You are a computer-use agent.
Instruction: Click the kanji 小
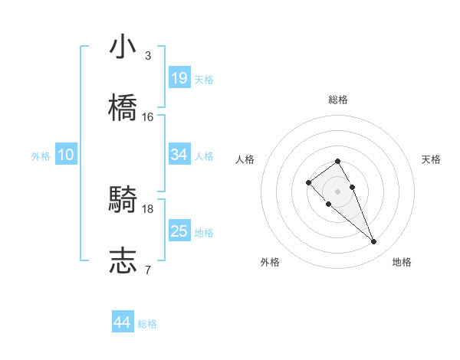click(x=123, y=47)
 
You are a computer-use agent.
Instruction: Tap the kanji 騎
click(x=123, y=200)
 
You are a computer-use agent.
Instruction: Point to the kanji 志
click(x=123, y=261)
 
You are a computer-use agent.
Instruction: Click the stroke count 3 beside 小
click(x=148, y=56)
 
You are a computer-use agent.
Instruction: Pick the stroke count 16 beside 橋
click(x=148, y=117)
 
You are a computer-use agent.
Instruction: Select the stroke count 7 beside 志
click(x=148, y=270)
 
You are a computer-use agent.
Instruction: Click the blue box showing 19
click(x=179, y=78)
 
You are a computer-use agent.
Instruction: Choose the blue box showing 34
click(x=179, y=155)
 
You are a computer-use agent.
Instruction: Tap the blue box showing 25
click(x=179, y=231)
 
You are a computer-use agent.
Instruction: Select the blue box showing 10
click(x=66, y=155)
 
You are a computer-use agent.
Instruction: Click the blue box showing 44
click(x=123, y=323)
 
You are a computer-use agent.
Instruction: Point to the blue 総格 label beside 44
click(x=147, y=324)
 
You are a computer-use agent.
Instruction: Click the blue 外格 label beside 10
click(x=41, y=155)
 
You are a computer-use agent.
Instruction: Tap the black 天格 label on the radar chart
click(x=431, y=159)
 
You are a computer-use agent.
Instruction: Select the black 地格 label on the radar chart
click(x=402, y=263)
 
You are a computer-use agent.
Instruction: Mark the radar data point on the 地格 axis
click(x=374, y=242)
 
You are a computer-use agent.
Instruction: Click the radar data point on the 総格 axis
click(x=337, y=161)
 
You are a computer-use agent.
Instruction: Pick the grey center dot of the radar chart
click(x=337, y=191)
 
